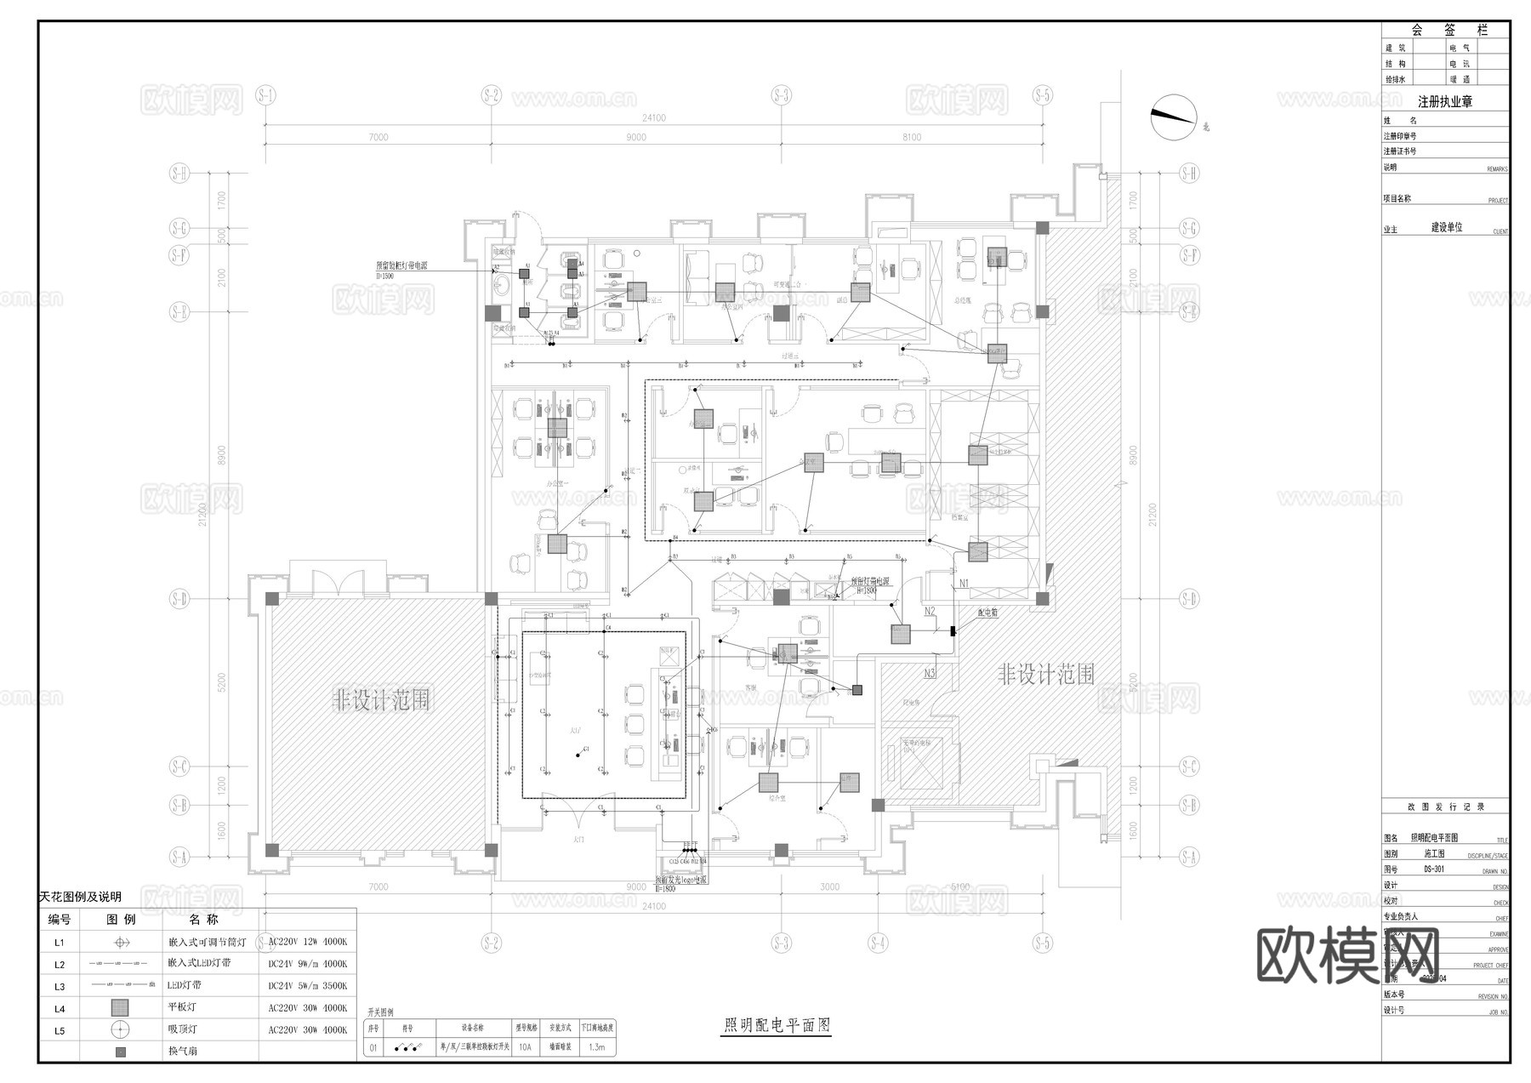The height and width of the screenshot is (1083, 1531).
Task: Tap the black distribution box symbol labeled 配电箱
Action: tap(953, 630)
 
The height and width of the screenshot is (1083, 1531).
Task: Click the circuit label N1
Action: tap(964, 583)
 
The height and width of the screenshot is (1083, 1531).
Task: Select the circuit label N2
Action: tap(930, 611)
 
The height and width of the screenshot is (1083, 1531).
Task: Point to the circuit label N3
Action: tap(930, 673)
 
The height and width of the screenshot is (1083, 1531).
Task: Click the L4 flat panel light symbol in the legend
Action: tap(121, 1008)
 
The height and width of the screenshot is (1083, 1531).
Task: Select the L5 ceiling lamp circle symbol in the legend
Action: tap(121, 1029)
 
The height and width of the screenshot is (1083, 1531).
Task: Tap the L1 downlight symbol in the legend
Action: tap(121, 943)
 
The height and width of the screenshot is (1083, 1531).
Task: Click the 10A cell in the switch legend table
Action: tap(526, 1048)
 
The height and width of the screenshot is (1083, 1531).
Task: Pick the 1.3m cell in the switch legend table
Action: tap(596, 1048)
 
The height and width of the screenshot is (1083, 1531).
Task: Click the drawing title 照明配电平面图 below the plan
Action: tap(776, 1025)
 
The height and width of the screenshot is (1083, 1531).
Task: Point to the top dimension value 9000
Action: tap(635, 137)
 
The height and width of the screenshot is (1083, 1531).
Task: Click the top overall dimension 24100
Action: tap(653, 118)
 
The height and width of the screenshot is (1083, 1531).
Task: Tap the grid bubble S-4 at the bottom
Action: tap(878, 943)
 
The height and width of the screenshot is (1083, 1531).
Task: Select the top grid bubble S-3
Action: tap(782, 94)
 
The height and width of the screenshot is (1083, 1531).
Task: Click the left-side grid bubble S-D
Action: tap(179, 599)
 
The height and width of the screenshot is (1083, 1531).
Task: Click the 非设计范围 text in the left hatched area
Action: tap(380, 701)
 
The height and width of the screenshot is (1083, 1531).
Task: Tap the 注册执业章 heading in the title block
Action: tap(1444, 102)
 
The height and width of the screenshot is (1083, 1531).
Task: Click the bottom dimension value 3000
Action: tap(829, 887)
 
